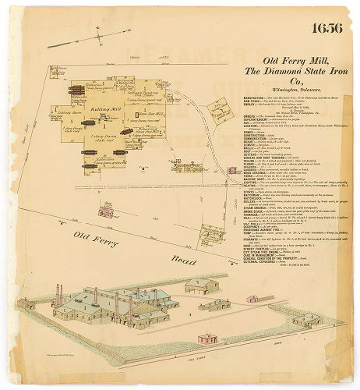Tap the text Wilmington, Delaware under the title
coord(292,90)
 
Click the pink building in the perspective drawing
coord(206,339)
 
